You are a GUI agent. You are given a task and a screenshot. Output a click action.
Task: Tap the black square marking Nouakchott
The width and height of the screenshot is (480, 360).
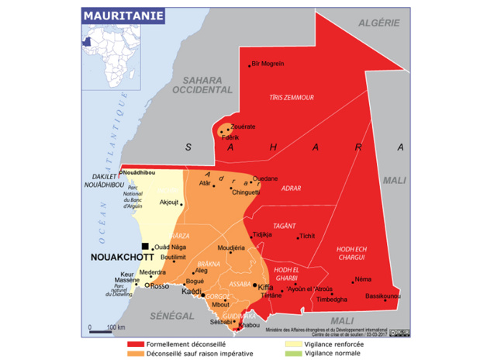[x=144, y=246]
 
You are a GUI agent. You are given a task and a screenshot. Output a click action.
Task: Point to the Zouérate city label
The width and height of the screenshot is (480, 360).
[x=243, y=126]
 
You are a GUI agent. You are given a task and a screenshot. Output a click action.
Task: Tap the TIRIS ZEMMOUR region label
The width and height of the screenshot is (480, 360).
[x=291, y=98]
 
